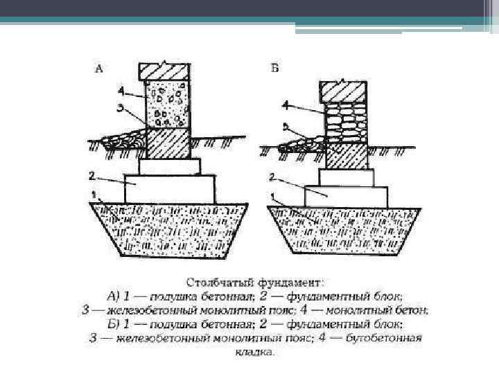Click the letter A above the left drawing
pos(98,69)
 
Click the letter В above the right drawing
pos(275,68)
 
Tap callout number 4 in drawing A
pos(122,90)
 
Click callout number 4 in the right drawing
pos(286,105)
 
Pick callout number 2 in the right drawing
pos(274,177)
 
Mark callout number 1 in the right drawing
pos(272,197)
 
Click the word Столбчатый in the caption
pos(214,283)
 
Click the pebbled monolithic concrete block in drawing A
pos(166,103)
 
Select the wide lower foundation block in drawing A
pos(170,188)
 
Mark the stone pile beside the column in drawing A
pos(122,140)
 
